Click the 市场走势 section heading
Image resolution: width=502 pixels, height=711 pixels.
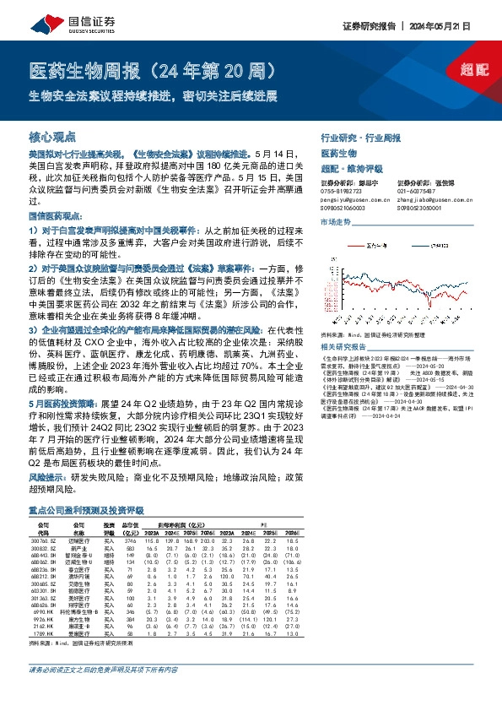coord(336,221)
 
